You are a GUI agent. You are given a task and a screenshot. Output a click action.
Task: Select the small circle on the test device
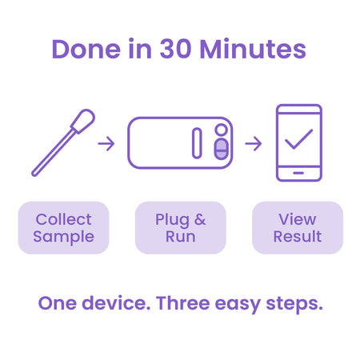click(x=221, y=130)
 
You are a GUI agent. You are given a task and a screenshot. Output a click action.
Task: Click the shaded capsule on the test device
click(x=222, y=150)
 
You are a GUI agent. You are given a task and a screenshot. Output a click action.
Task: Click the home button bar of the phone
click(x=298, y=173)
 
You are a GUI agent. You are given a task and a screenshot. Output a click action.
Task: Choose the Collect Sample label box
click(x=63, y=227)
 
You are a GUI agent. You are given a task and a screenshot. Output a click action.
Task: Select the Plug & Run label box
click(x=180, y=227)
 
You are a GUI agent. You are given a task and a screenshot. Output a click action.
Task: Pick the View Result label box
click(x=298, y=227)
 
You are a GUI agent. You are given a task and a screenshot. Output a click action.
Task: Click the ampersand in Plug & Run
click(x=199, y=219)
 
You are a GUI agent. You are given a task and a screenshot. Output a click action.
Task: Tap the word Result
click(x=298, y=237)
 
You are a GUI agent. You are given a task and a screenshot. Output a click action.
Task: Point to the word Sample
click(x=63, y=237)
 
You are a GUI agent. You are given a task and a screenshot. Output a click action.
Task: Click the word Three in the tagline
click(x=187, y=304)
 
